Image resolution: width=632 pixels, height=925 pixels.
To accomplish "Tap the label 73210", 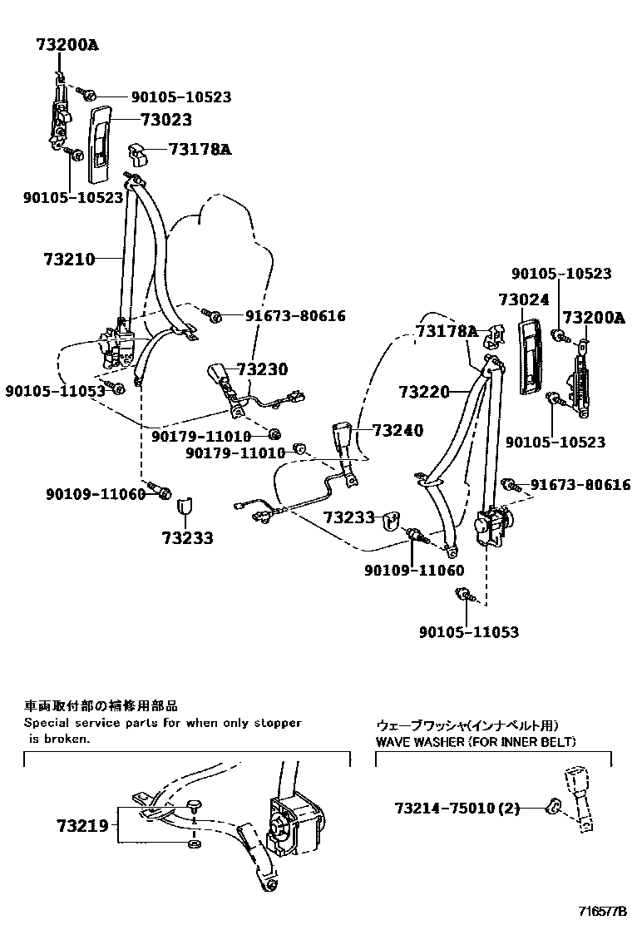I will (x=68, y=259).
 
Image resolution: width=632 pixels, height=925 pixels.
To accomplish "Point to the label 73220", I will (x=423, y=391).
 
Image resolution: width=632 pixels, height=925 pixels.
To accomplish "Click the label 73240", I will (x=397, y=430).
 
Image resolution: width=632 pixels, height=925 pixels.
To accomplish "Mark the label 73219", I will (x=82, y=826).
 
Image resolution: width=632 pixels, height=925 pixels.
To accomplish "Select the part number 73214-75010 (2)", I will (x=457, y=808).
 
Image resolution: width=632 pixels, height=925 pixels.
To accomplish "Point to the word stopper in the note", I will (x=276, y=723).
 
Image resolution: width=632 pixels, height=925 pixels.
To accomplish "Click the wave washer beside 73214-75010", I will (x=551, y=805).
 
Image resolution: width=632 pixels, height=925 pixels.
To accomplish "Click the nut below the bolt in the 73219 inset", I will (x=194, y=843).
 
